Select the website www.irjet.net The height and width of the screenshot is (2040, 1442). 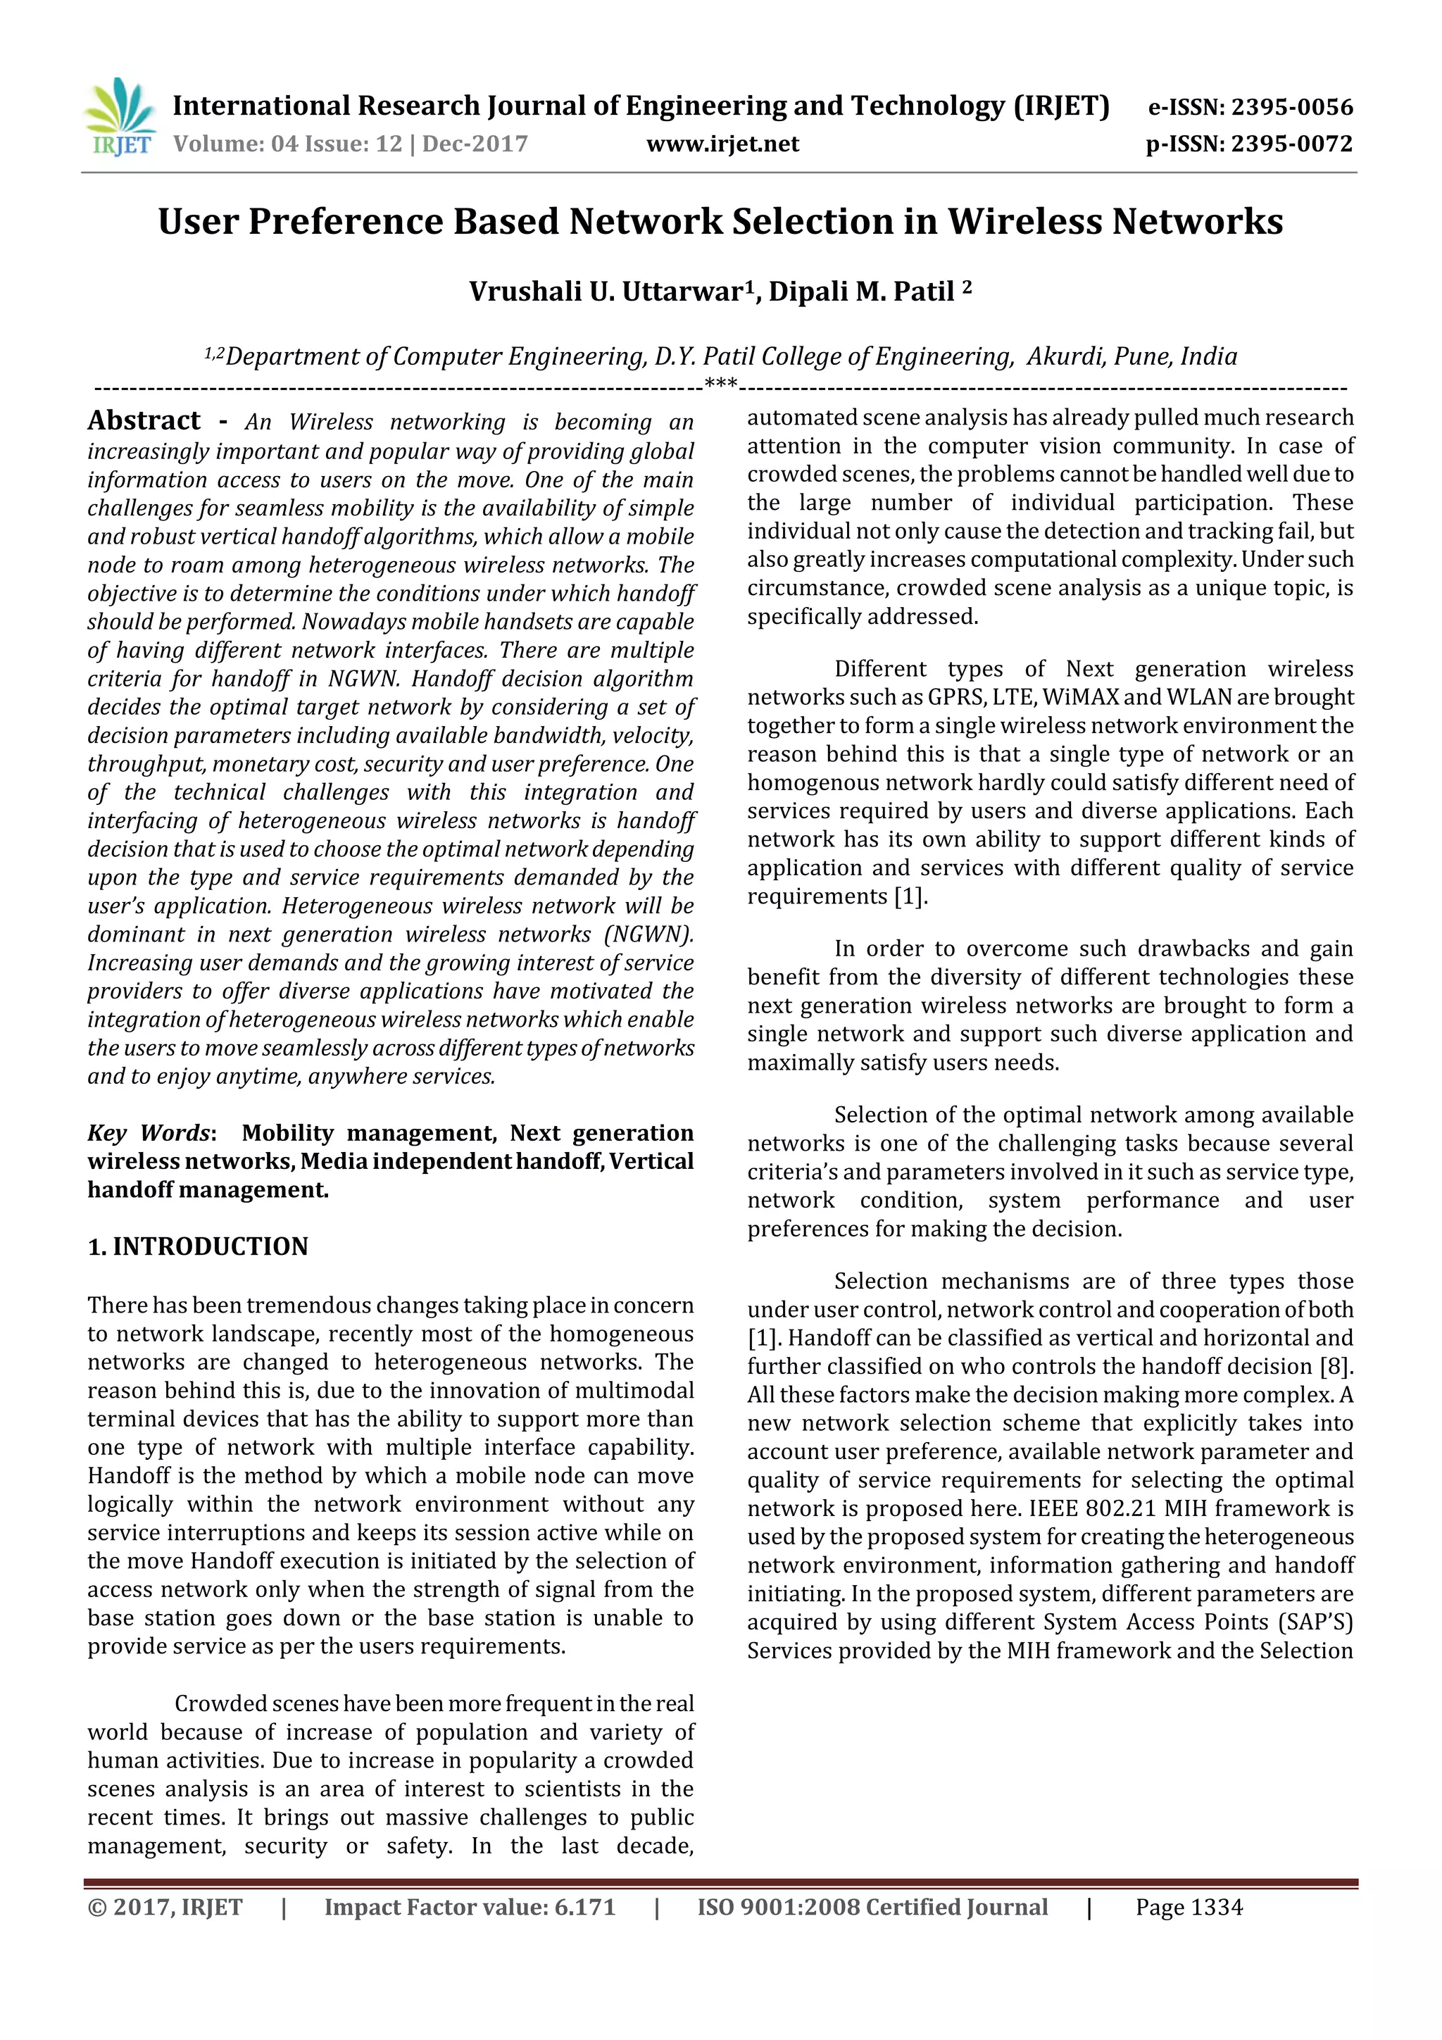722,144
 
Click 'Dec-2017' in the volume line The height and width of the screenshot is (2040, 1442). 475,144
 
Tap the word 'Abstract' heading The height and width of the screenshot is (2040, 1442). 144,420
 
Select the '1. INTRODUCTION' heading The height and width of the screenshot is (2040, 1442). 197,1246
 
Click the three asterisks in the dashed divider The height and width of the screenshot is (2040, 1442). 720,386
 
